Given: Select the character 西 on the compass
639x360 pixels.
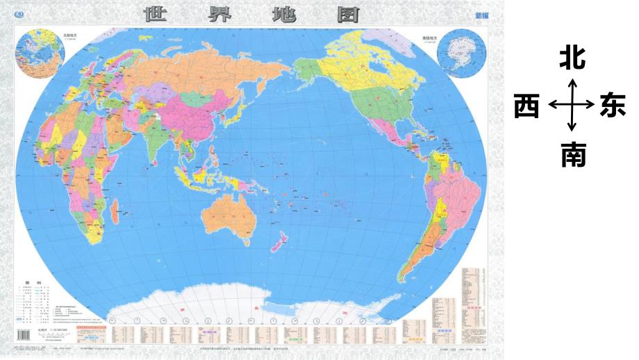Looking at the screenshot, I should [x=526, y=106].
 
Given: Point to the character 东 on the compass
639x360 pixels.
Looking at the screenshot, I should [x=614, y=106].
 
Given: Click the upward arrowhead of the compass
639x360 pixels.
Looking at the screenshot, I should [x=572, y=82].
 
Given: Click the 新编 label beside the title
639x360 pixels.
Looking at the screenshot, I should [x=481, y=15].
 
